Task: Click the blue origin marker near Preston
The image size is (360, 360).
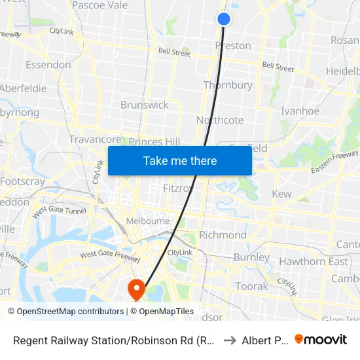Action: [x=224, y=19]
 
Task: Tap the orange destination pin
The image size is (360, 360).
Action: [x=137, y=289]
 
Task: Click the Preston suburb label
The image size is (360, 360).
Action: [x=233, y=46]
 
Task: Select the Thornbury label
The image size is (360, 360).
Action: [x=228, y=85]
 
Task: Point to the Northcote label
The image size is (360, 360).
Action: [x=220, y=120]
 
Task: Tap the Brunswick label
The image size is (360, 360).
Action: [x=144, y=105]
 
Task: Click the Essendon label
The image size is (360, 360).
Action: [x=48, y=65]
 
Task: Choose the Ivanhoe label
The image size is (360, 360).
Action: [x=300, y=111]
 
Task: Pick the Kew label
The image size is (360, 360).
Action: [x=281, y=194]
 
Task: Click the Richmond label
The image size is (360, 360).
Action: [x=223, y=235]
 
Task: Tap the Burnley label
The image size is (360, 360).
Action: [x=251, y=257]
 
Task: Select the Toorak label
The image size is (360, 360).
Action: [x=252, y=286]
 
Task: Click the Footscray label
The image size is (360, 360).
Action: [x=22, y=181]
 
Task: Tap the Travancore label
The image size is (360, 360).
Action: [x=95, y=139]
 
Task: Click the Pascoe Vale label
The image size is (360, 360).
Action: [x=99, y=5]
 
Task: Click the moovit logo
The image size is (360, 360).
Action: [x=321, y=340]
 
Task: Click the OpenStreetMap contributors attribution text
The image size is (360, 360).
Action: [x=65, y=312]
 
